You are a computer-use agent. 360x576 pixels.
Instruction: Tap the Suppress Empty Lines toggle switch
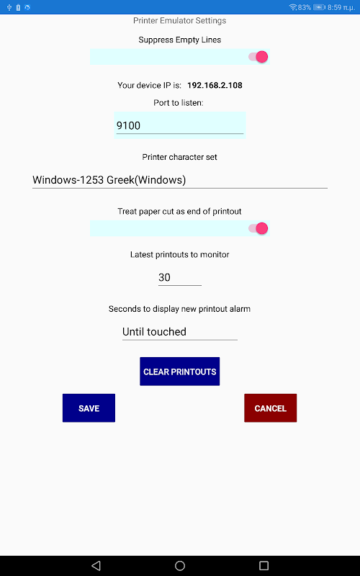(x=258, y=57)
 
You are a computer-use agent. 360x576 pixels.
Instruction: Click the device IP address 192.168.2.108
(x=215, y=85)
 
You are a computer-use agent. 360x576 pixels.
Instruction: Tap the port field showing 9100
(x=179, y=125)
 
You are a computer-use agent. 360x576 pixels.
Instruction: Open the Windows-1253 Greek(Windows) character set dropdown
(x=179, y=180)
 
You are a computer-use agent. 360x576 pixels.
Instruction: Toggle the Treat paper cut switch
(x=258, y=228)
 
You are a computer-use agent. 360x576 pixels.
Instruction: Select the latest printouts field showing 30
(x=179, y=277)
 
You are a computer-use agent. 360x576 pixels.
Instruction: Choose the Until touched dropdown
(x=179, y=332)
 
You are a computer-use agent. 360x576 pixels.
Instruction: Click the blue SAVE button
(x=89, y=408)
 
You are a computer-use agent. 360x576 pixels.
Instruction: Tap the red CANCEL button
(x=271, y=408)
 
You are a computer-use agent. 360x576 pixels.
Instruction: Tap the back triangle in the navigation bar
(x=96, y=566)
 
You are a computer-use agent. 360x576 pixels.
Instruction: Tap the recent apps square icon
(x=264, y=566)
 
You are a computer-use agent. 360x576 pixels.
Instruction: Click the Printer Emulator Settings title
(x=179, y=21)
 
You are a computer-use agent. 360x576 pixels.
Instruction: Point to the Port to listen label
(x=178, y=103)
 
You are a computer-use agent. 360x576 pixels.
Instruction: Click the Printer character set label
(x=179, y=157)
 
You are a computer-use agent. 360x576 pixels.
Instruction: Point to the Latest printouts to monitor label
(x=179, y=255)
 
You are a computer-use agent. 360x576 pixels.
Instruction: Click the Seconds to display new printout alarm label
(x=179, y=309)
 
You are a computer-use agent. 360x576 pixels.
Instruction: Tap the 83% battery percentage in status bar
(x=305, y=7)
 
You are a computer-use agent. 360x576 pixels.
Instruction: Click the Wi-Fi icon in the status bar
(x=293, y=7)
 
